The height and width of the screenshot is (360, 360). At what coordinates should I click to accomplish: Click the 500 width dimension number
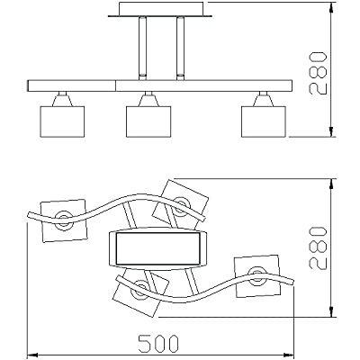click(x=158, y=344)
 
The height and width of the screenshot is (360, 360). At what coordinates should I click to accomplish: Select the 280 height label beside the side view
click(x=318, y=73)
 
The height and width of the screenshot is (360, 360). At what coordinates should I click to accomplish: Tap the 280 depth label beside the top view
click(x=318, y=248)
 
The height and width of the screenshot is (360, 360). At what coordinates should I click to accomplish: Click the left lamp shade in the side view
click(x=62, y=121)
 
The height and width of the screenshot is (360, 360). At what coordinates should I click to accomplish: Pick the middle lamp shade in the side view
click(x=148, y=121)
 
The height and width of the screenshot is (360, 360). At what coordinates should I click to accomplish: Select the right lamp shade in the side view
click(x=264, y=121)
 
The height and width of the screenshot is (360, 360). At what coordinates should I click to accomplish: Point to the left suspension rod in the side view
click(x=143, y=49)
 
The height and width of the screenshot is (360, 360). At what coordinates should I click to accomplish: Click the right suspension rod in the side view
click(x=181, y=49)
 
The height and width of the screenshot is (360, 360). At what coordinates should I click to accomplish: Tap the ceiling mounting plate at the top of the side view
click(x=160, y=9)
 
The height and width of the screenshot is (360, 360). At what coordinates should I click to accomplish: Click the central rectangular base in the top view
click(x=157, y=248)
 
